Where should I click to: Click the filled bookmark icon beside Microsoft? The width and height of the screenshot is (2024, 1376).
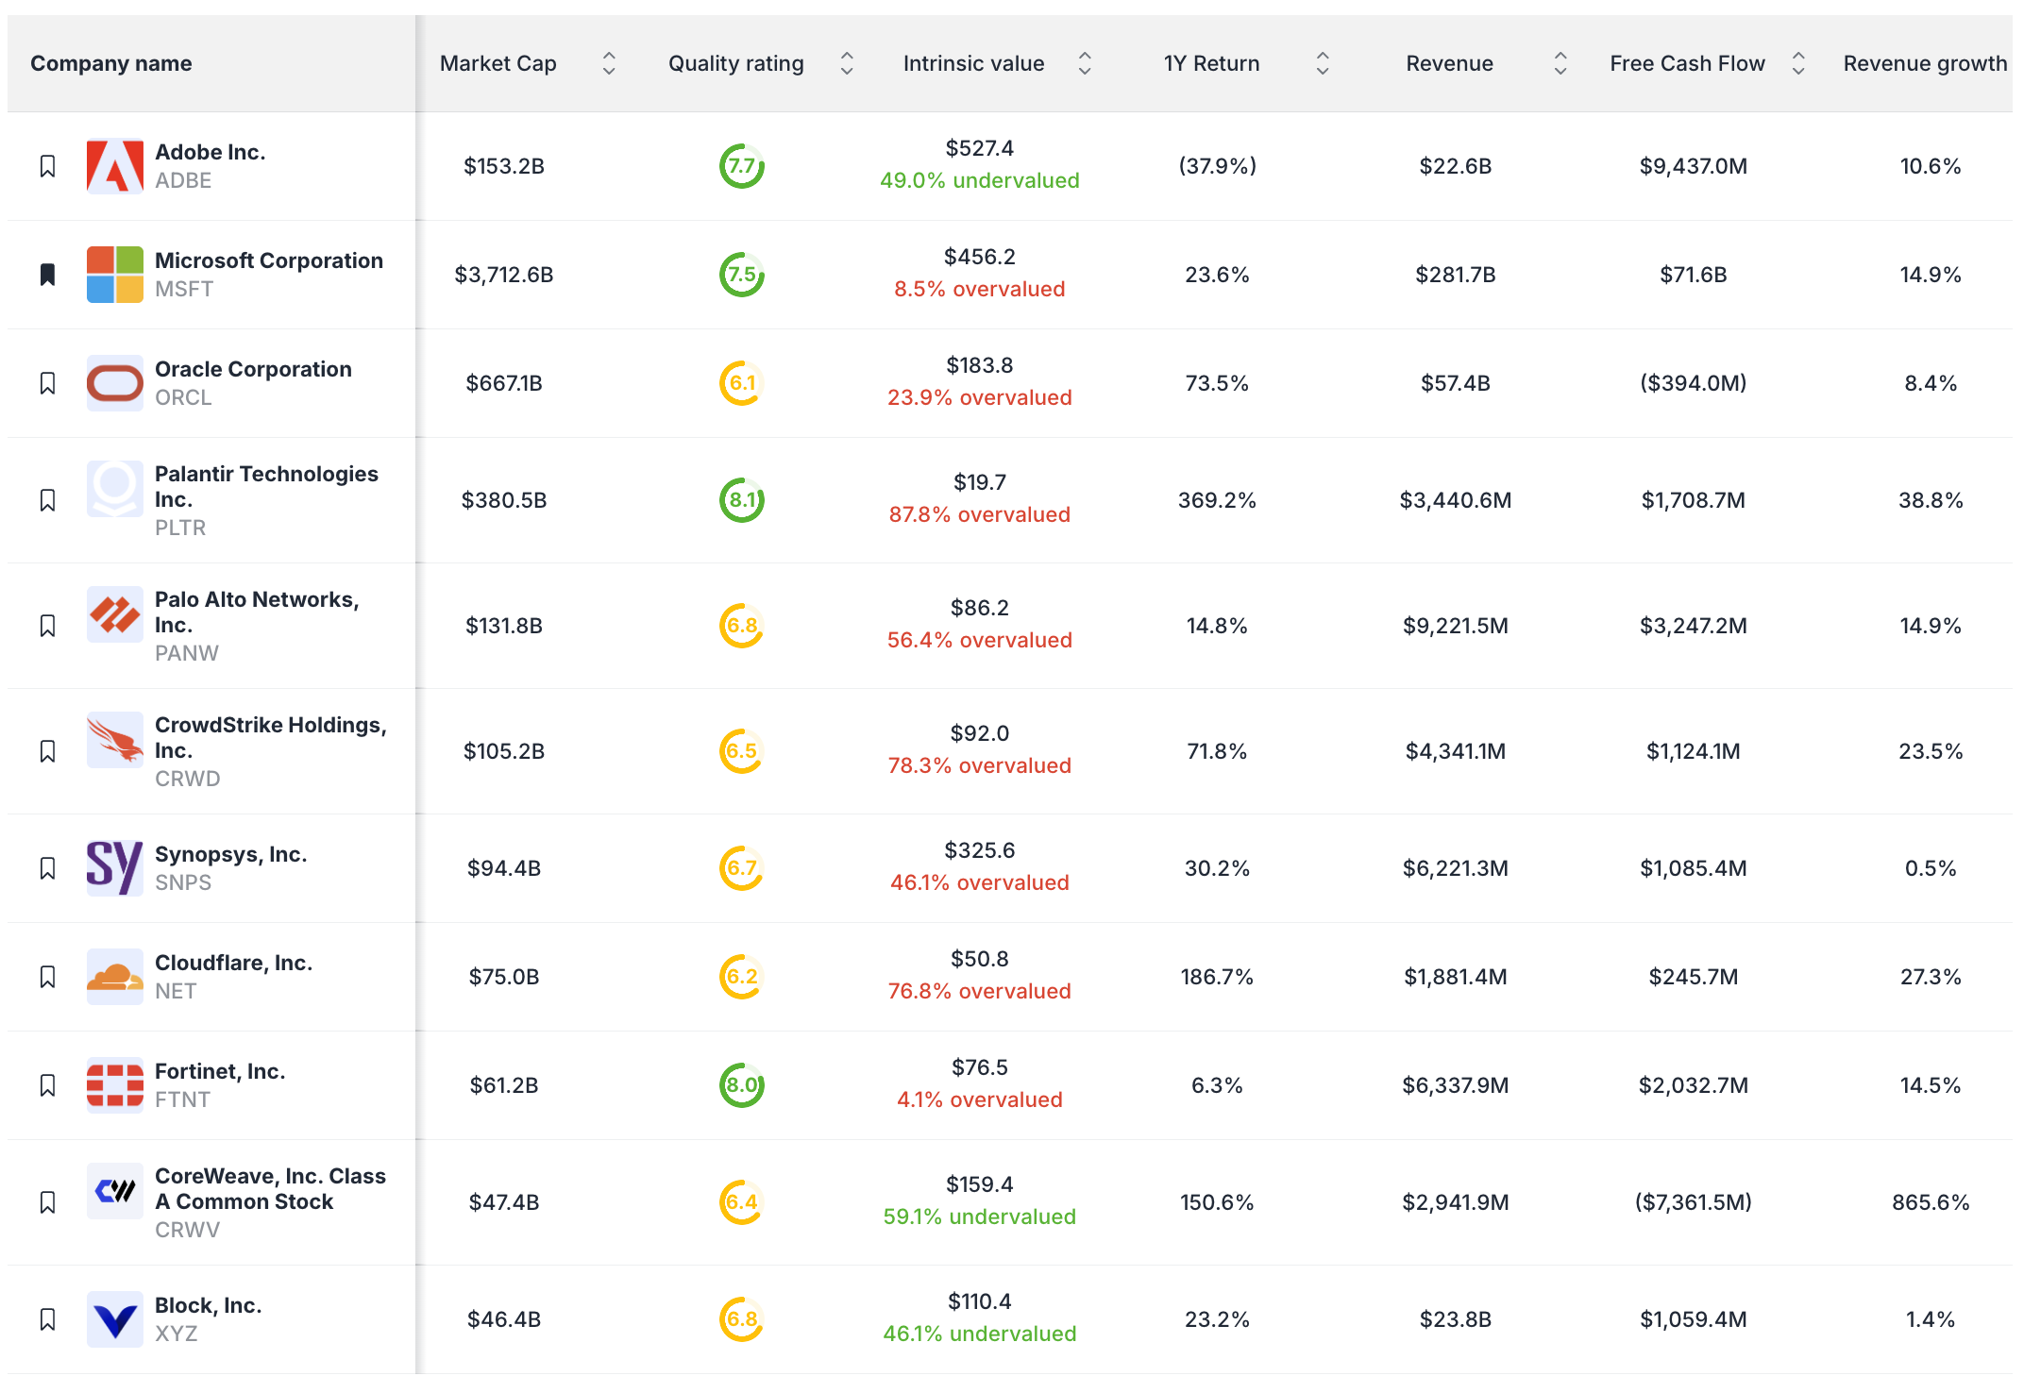[47, 275]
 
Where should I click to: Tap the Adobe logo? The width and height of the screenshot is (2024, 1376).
[114, 166]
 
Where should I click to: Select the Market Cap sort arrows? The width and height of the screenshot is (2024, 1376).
[609, 63]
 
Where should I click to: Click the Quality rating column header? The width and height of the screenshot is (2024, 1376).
[735, 63]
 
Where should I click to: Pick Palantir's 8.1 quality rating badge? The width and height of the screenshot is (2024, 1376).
[742, 500]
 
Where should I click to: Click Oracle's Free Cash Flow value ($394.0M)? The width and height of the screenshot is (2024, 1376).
[1693, 383]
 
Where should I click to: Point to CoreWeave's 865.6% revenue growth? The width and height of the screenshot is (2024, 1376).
[1930, 1202]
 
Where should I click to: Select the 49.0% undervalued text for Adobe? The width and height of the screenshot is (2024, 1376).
[979, 180]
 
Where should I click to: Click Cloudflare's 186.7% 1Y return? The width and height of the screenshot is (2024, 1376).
[1216, 977]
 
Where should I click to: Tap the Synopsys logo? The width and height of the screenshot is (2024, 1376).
[114, 868]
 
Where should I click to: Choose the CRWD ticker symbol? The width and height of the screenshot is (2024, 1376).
[187, 779]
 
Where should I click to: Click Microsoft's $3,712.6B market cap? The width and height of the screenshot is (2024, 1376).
[503, 275]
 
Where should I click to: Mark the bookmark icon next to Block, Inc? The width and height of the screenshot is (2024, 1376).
[47, 1319]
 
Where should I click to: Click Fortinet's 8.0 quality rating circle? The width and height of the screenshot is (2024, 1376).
[742, 1085]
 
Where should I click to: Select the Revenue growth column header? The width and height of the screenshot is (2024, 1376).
[1924, 63]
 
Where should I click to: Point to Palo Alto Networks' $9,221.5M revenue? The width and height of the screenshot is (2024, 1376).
[1455, 626]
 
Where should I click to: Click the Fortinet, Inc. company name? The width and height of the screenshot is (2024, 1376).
[219, 1071]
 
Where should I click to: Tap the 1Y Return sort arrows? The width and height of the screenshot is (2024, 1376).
[1323, 63]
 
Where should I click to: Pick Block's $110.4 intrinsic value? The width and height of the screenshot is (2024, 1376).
[979, 1301]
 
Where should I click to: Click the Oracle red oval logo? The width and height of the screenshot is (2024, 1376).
[114, 383]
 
